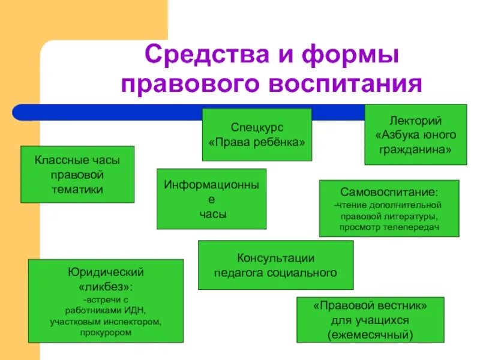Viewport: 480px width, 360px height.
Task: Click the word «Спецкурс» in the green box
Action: pyautogui.click(x=257, y=128)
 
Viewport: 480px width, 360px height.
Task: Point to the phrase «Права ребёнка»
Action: pyautogui.click(x=257, y=143)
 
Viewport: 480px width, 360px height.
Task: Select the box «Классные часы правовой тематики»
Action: pyautogui.click(x=77, y=174)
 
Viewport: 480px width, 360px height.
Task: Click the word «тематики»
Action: pyautogui.click(x=77, y=189)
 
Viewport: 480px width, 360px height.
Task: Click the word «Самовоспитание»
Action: pyautogui.click(x=389, y=193)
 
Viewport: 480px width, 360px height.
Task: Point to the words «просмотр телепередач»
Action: pyautogui.click(x=389, y=228)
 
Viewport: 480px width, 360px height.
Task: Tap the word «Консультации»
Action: pyautogui.click(x=276, y=259)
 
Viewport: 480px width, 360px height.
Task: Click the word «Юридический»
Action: pyautogui.click(x=106, y=272)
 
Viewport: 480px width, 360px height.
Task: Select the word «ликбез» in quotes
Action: pyautogui.click(x=105, y=286)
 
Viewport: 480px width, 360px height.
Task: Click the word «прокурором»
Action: pyautogui.click(x=106, y=333)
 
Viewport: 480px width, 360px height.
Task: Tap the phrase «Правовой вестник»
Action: pyautogui.click(x=370, y=305)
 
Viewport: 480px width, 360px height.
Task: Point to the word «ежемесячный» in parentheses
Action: pyautogui.click(x=370, y=334)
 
